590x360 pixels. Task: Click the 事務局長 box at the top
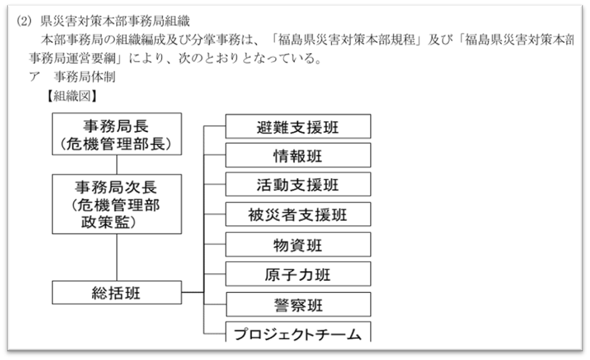click(117, 134)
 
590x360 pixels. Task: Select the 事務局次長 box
click(117, 204)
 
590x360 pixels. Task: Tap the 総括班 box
click(117, 292)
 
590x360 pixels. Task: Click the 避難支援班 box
click(298, 126)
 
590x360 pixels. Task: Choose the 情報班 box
click(298, 155)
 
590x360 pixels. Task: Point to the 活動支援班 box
click(298, 184)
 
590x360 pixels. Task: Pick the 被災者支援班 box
click(298, 214)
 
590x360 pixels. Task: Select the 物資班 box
click(298, 244)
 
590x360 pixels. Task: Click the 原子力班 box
click(298, 274)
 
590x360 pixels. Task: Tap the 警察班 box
click(298, 304)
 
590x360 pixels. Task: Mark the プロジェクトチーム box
click(298, 332)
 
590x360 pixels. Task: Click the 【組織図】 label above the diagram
click(72, 96)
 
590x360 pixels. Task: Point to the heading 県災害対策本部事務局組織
click(115, 21)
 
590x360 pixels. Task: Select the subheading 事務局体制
click(85, 77)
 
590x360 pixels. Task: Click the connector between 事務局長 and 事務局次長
click(117, 165)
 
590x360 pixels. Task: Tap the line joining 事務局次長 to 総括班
click(117, 257)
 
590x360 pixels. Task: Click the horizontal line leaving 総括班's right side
click(193, 292)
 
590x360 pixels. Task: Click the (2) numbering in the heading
click(24, 22)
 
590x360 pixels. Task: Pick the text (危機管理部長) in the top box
click(116, 144)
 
